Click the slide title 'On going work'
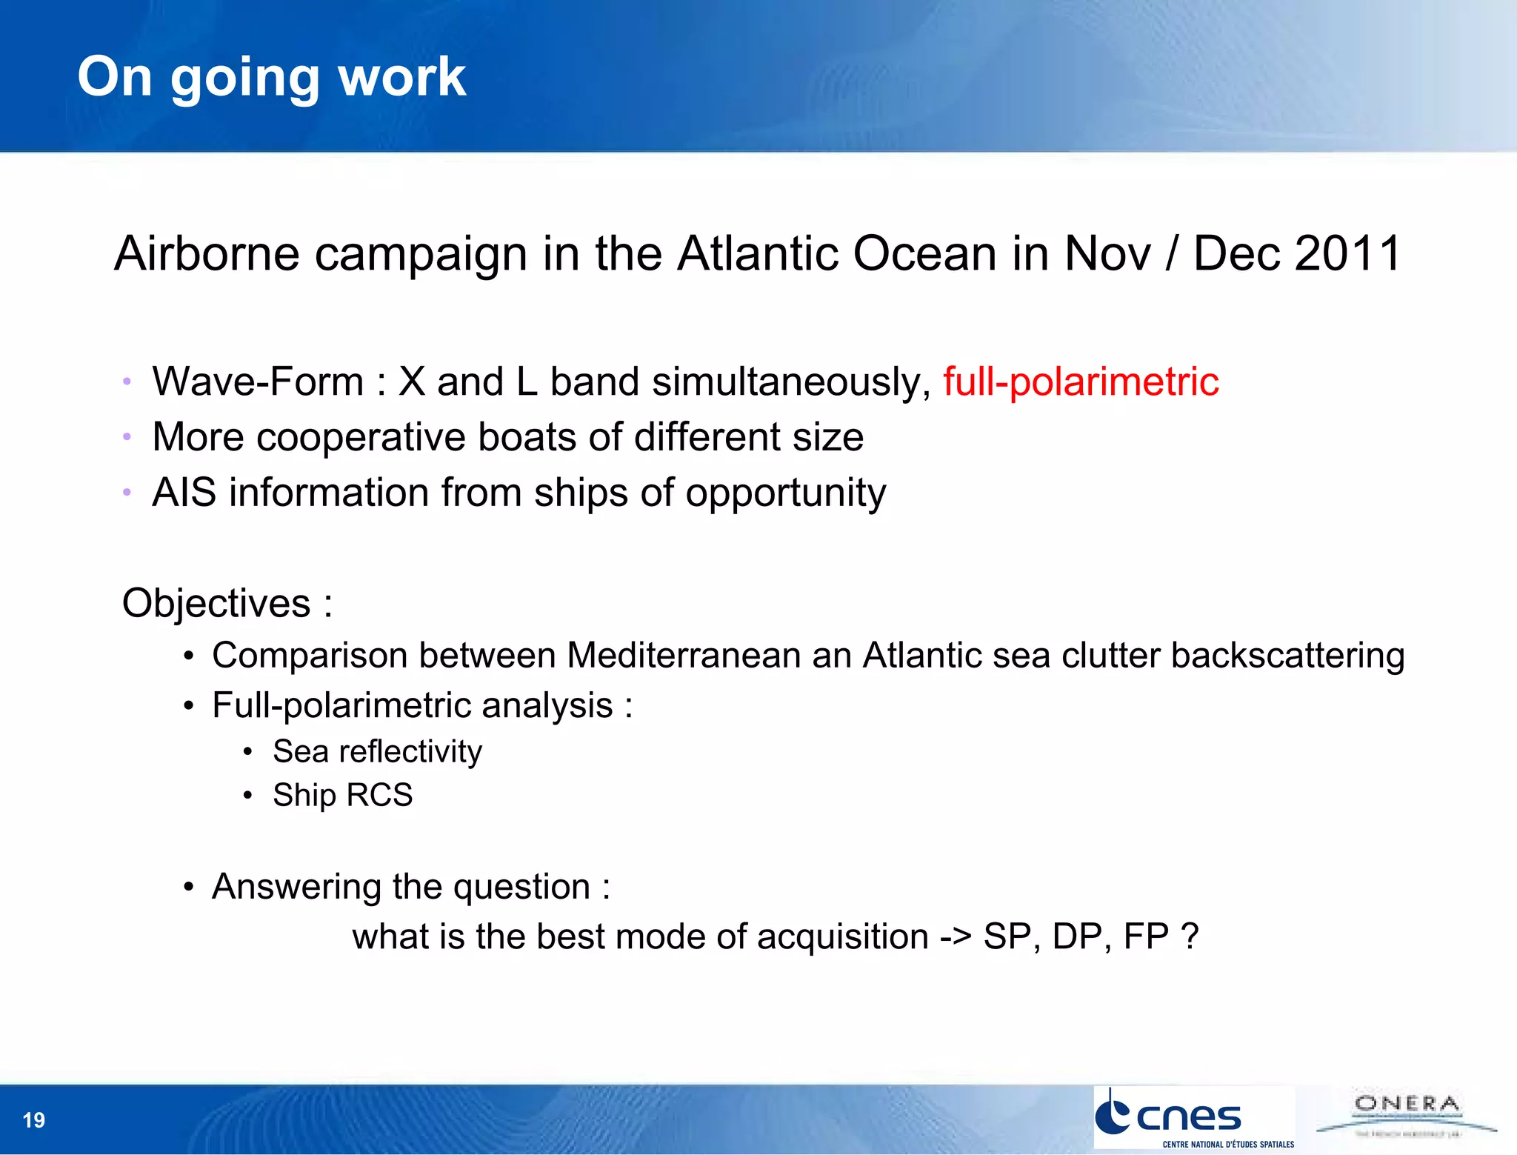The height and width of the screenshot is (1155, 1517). (x=271, y=77)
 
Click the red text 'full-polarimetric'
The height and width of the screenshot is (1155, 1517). (x=1080, y=382)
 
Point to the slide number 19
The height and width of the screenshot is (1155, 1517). (x=34, y=1119)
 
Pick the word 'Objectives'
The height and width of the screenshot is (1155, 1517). (x=216, y=603)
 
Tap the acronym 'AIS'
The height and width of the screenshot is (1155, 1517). (x=184, y=493)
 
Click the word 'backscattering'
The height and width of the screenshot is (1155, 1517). (x=1287, y=656)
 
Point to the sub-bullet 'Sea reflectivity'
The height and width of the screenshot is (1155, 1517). (x=377, y=752)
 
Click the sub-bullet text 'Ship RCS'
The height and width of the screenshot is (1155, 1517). (x=342, y=796)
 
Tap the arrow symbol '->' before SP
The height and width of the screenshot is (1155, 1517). (x=955, y=937)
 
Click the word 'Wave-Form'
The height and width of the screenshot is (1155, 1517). (x=258, y=382)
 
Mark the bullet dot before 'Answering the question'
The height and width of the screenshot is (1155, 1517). (x=189, y=888)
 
